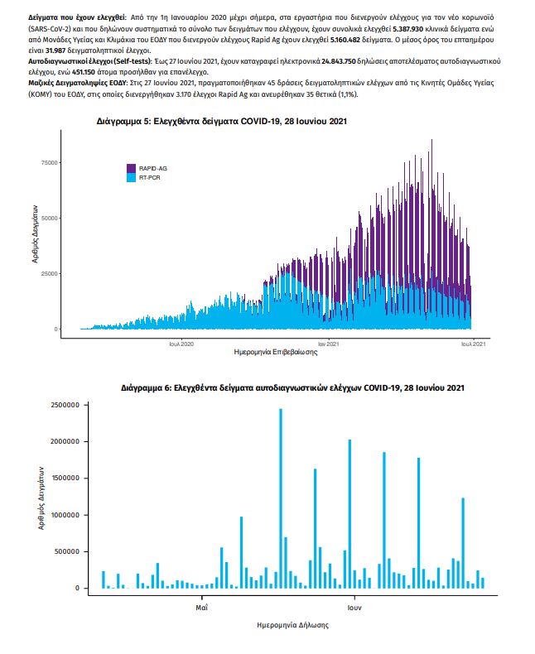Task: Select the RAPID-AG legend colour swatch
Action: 131,168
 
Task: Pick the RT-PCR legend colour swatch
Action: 131,177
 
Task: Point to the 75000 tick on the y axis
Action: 49,162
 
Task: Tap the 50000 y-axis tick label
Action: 49,218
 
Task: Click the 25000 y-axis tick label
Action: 49,273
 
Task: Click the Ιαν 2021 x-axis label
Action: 328,342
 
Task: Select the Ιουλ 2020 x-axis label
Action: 181,342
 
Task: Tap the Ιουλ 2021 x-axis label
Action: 473,342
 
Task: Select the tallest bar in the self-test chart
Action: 281,497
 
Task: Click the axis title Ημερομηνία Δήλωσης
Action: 292,625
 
